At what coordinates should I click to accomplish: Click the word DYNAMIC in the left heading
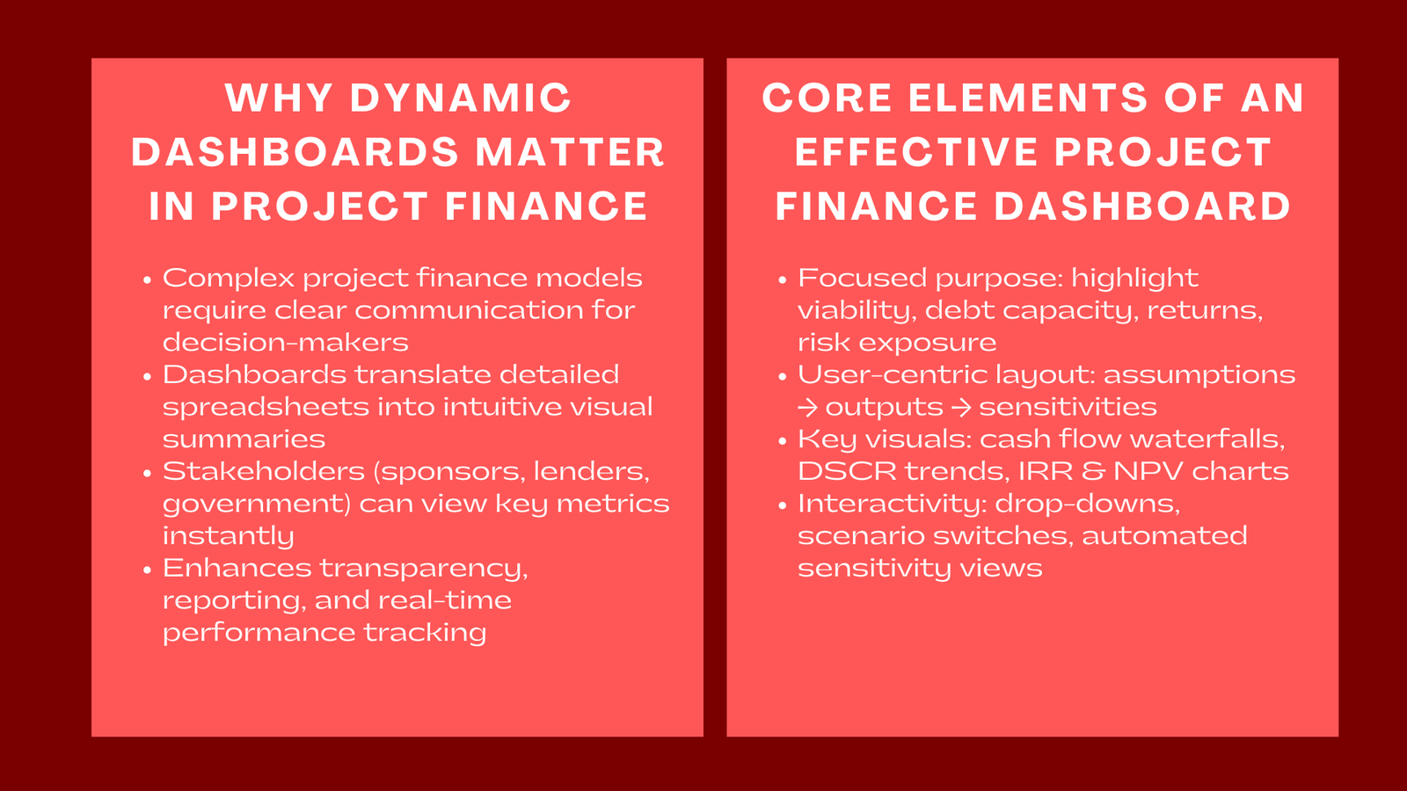coord(461,98)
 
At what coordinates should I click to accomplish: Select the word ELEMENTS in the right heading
coord(1028,98)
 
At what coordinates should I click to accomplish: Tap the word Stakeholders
coord(263,471)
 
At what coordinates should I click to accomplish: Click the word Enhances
coord(237,568)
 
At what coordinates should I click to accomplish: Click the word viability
coord(857,311)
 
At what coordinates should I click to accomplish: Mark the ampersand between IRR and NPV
coord(1093,471)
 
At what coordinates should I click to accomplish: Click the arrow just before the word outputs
coord(807,408)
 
